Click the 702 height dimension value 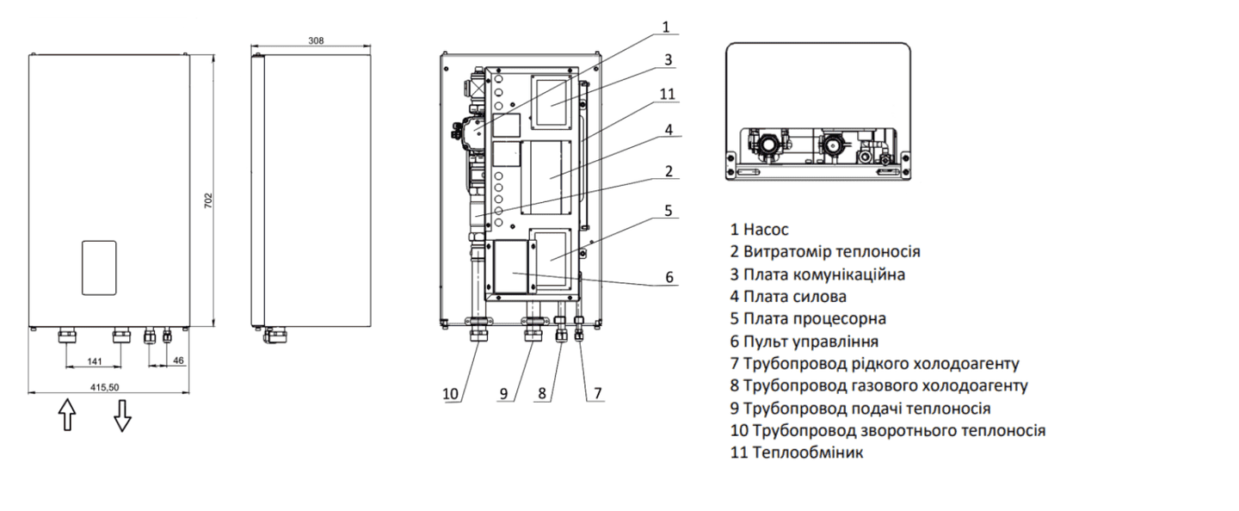click(x=208, y=199)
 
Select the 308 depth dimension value click(x=316, y=40)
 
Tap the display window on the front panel click(x=99, y=268)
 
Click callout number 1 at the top click(x=665, y=27)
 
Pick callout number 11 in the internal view click(x=668, y=94)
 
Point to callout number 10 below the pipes click(x=451, y=394)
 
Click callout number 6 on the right click(x=669, y=277)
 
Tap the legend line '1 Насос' click(x=759, y=230)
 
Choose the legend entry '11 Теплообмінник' click(x=797, y=453)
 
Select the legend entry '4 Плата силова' click(x=788, y=297)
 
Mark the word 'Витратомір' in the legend click(x=785, y=252)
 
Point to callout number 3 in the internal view click(x=667, y=60)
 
